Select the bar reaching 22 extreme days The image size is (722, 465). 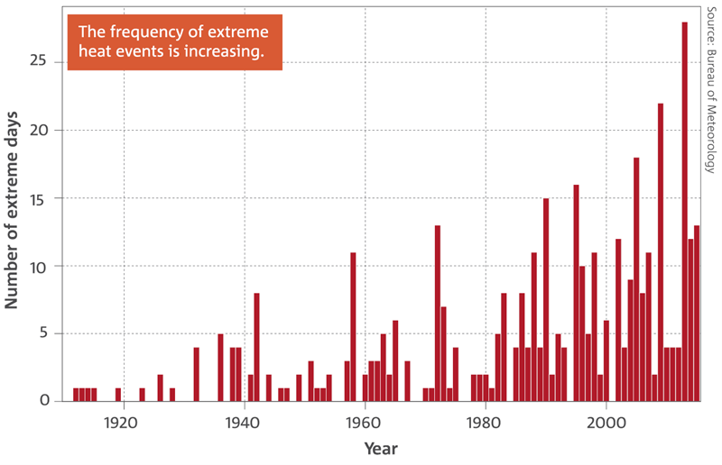661,252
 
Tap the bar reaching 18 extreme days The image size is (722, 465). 636,279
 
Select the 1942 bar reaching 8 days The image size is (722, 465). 256,347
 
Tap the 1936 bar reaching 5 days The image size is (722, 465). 220,367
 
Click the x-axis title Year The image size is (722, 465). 379,447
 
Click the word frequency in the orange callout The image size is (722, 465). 141,32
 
